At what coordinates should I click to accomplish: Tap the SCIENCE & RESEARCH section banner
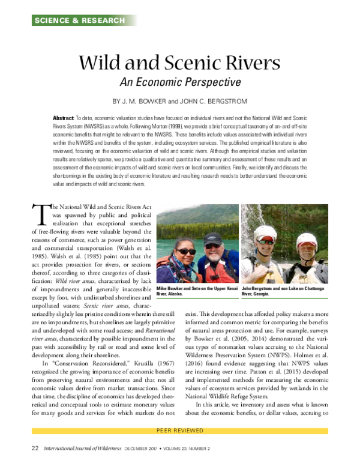click(79, 20)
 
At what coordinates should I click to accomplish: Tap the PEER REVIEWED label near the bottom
click(179, 447)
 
